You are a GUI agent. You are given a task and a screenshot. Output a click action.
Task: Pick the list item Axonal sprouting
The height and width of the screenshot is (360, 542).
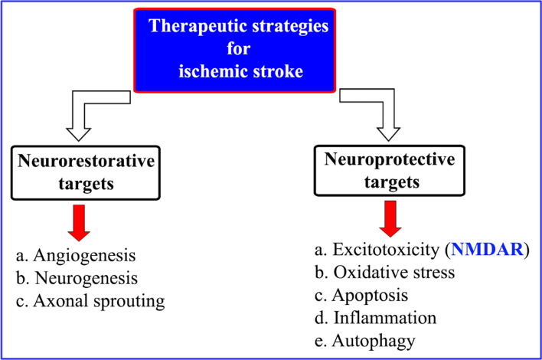coord(91,300)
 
